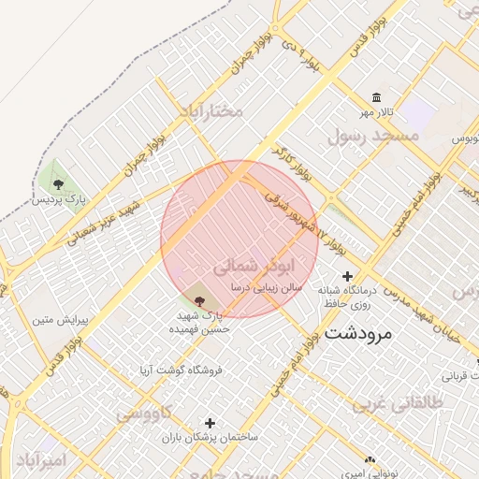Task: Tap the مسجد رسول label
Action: (369, 136)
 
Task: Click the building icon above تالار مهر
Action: (376, 98)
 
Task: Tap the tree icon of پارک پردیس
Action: (59, 183)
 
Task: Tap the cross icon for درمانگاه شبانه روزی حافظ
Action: (348, 276)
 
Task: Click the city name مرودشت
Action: (360, 332)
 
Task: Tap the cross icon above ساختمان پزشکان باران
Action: (210, 423)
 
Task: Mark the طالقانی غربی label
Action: (383, 403)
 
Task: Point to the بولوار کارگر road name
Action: (293, 163)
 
